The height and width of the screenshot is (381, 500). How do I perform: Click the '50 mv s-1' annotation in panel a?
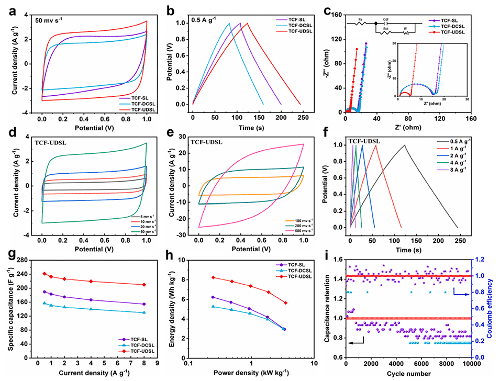click(x=53, y=22)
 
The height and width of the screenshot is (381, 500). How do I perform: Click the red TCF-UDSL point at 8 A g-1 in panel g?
click(x=143, y=285)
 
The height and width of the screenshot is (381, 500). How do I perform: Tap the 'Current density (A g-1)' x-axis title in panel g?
click(x=92, y=373)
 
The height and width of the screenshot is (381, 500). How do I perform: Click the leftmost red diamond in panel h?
click(x=213, y=277)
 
